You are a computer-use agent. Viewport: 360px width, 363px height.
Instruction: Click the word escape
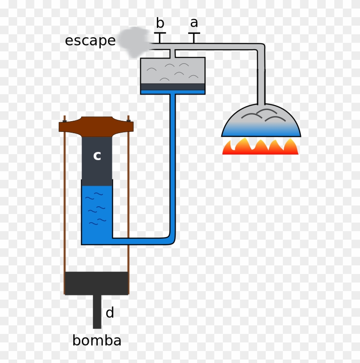(x=90, y=41)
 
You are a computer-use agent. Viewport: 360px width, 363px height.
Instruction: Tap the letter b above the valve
(x=160, y=23)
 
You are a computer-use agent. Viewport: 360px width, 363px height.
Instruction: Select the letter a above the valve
(x=194, y=23)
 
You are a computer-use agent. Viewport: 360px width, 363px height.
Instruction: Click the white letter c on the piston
(x=97, y=156)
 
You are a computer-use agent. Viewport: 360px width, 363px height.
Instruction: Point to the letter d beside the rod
(x=110, y=313)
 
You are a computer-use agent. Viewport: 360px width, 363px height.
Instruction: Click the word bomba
(x=96, y=341)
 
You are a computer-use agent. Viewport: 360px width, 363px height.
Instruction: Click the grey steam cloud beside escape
(x=134, y=41)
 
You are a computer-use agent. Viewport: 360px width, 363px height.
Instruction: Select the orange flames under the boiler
(x=260, y=146)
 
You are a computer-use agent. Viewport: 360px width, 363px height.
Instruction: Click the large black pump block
(x=96, y=283)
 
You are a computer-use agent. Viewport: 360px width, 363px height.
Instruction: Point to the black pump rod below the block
(x=97, y=312)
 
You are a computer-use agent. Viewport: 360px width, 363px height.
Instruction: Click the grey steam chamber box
(x=173, y=71)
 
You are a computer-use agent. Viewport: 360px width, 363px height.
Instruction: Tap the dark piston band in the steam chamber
(x=173, y=87)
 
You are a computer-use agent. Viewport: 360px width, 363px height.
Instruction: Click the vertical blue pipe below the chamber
(x=173, y=163)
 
